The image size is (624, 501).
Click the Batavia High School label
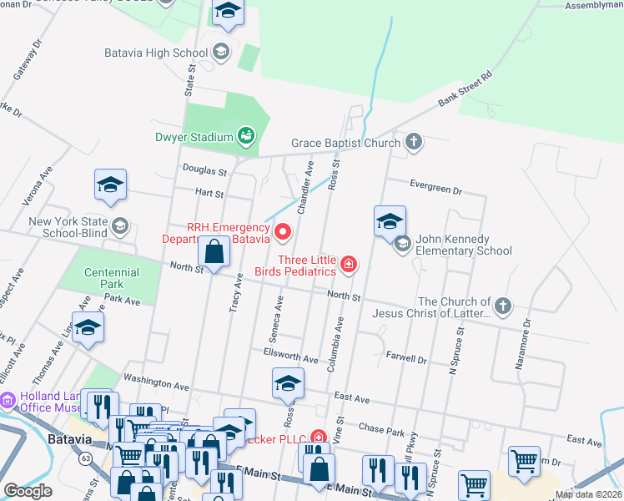pos(156,53)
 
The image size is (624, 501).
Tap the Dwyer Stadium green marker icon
pos(246,135)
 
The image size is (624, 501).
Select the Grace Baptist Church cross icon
pos(414,142)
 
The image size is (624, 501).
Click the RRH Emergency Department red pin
pos(283,231)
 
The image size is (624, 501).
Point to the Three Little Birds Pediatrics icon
pos(349,266)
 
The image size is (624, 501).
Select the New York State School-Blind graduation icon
pos(121,226)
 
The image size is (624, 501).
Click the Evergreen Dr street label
pos(435,188)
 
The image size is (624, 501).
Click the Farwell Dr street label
pos(406,360)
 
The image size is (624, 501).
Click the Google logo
pos(28,491)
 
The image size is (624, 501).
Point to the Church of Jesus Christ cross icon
pos(502,306)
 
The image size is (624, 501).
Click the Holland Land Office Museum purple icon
pos(8,402)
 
